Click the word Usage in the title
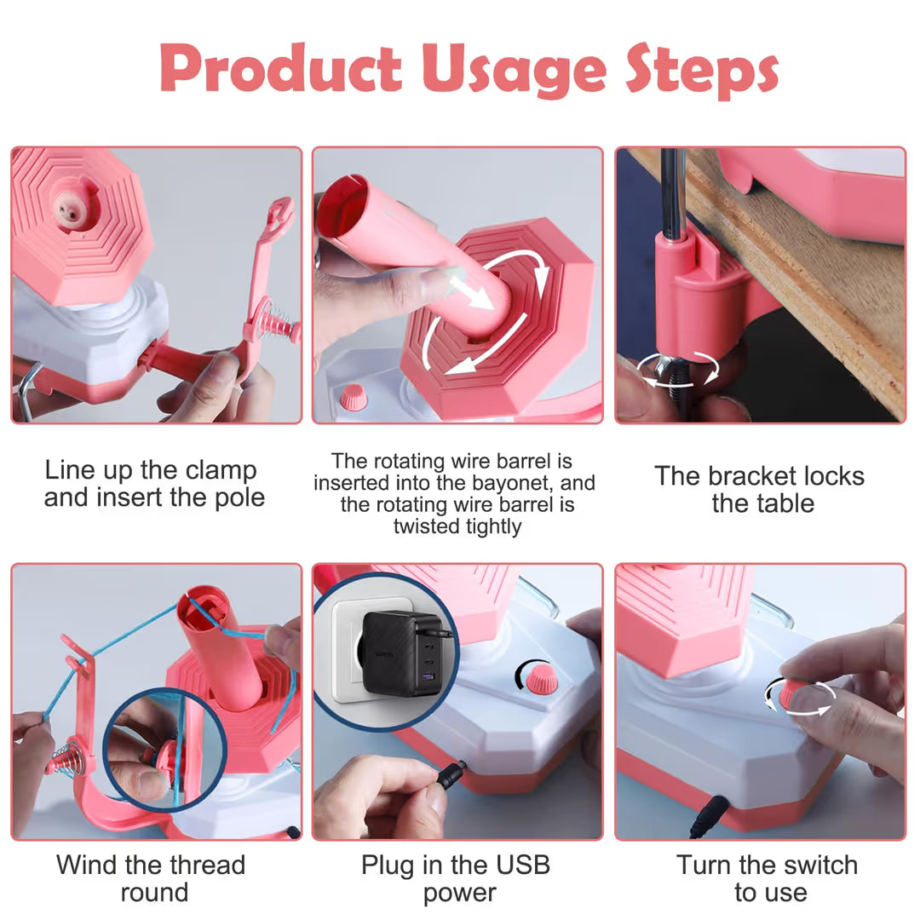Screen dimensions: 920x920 [x=514, y=72]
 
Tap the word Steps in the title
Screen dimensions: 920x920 [x=702, y=71]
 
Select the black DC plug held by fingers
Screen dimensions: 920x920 [x=452, y=774]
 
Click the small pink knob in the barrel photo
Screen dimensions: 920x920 [x=354, y=398]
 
